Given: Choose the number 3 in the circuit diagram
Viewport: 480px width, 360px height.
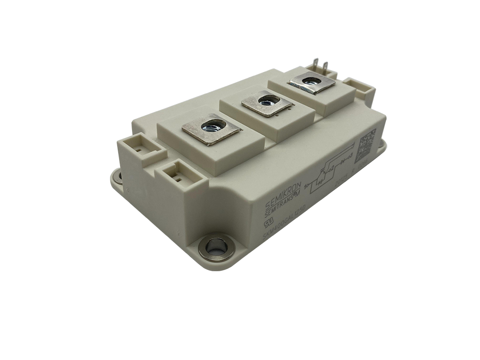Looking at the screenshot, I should [x=350, y=155].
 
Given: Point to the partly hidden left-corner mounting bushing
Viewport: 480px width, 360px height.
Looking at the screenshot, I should [x=117, y=179].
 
